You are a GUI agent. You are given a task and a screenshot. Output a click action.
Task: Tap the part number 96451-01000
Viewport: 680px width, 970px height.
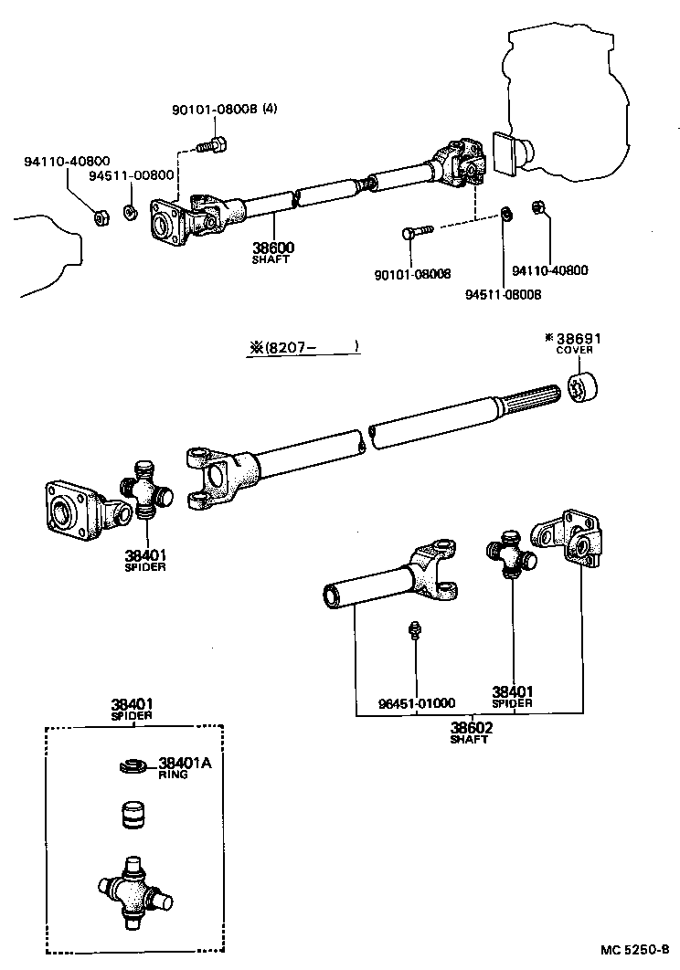417,703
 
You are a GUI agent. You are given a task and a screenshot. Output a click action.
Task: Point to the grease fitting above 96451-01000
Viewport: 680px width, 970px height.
414,631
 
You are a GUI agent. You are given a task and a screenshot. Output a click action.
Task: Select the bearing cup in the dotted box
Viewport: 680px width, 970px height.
135,813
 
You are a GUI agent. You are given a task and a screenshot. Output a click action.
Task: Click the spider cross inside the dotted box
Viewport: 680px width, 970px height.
135,891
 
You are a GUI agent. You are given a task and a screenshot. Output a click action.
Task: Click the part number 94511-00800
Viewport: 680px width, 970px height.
131,175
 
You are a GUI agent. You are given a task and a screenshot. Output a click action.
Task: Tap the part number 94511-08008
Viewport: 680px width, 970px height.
503,294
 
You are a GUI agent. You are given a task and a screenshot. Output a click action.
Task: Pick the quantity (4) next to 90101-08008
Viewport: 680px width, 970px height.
270,110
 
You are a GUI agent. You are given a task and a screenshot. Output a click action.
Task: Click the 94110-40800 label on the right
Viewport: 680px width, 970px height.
549,270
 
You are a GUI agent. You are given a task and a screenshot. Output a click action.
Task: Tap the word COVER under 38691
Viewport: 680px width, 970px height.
575,350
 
